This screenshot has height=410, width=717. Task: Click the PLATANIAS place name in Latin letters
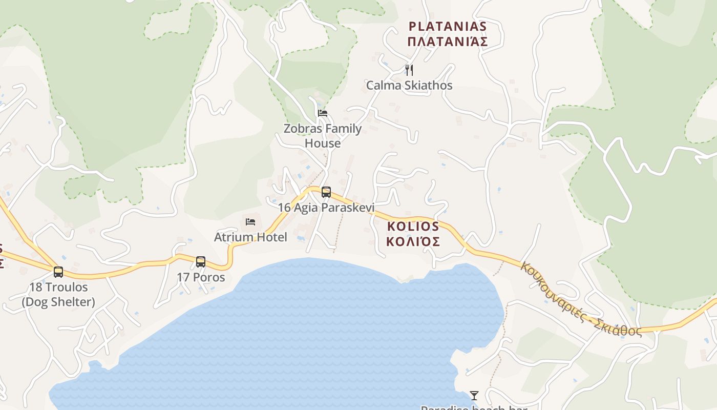click(447, 26)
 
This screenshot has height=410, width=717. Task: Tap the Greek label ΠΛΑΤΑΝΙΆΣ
click(447, 42)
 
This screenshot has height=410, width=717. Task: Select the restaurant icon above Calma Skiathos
click(409, 70)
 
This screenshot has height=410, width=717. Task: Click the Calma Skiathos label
click(409, 85)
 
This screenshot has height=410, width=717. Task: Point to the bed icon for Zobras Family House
click(322, 113)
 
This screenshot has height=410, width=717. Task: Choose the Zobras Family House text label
click(323, 136)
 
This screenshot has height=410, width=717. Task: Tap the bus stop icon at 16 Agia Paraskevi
click(326, 192)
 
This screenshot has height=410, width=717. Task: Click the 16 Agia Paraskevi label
click(326, 208)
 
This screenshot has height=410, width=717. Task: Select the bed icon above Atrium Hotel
click(250, 221)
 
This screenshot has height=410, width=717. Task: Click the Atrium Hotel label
click(250, 237)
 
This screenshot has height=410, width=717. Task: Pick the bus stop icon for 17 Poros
click(201, 262)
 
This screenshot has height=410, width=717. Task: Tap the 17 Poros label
click(201, 277)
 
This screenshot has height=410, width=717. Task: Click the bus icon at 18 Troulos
click(58, 272)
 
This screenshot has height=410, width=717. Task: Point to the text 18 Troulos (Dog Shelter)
click(58, 295)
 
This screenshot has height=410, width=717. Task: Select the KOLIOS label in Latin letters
click(413, 226)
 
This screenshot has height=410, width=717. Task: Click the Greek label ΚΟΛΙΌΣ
click(413, 241)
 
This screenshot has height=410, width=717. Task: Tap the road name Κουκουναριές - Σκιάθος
click(581, 299)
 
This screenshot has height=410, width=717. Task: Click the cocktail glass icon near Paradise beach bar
click(474, 395)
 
